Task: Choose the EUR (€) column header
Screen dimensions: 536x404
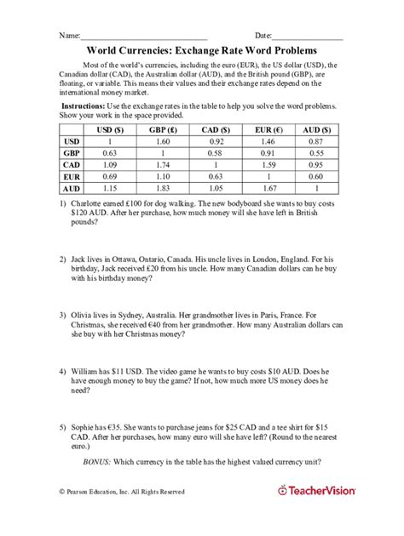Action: click(263, 128)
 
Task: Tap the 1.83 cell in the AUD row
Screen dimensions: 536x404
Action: click(159, 187)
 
